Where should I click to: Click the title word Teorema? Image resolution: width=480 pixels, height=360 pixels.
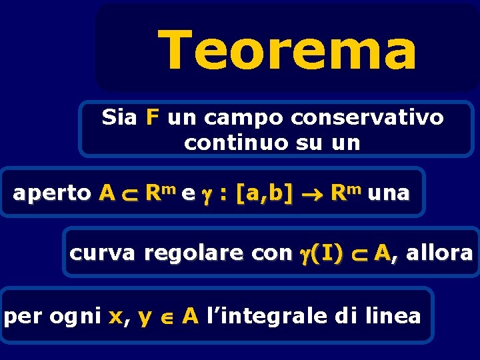tap(287, 51)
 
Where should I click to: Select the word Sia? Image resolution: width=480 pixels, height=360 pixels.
tap(119, 118)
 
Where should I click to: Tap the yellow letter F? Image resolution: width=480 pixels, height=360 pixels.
tap(153, 118)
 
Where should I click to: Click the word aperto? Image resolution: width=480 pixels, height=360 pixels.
tap(52, 194)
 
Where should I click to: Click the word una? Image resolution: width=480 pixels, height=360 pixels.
tap(388, 194)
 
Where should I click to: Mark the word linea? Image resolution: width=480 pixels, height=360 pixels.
tap(393, 315)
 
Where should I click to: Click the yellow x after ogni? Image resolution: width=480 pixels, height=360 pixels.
tap(115, 317)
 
